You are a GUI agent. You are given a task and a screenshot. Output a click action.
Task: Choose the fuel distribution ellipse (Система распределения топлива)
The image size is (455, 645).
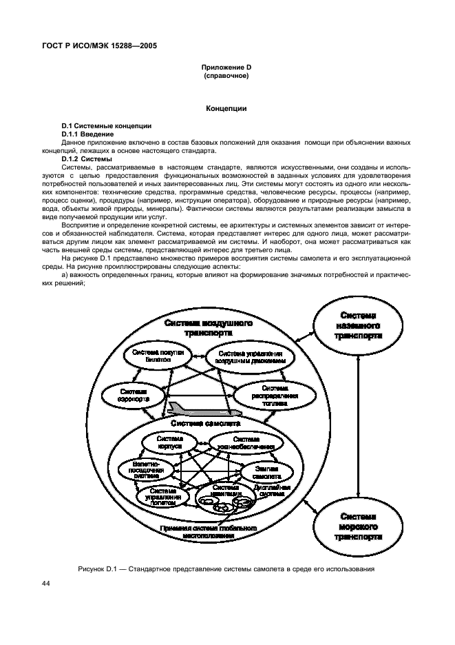point(269,396)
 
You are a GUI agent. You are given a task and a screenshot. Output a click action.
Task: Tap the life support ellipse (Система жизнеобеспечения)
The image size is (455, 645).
point(245,443)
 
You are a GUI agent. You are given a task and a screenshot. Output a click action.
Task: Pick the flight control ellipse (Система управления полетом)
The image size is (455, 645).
point(158,497)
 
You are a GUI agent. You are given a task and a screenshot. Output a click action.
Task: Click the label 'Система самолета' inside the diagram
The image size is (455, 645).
point(206,424)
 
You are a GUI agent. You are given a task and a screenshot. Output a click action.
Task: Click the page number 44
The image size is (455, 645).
point(45,584)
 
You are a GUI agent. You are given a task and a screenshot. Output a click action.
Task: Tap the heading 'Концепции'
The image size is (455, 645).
point(226,108)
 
